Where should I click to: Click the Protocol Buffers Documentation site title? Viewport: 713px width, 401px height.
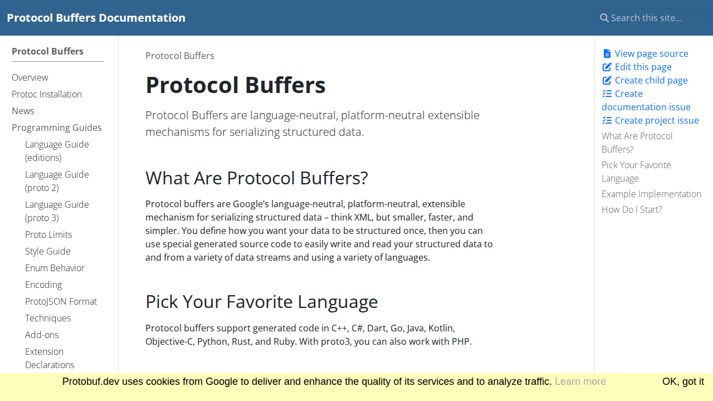click(96, 18)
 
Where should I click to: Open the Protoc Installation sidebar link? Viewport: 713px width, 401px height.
click(47, 94)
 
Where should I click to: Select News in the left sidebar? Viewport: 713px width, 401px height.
click(23, 111)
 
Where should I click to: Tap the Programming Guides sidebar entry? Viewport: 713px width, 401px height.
click(57, 128)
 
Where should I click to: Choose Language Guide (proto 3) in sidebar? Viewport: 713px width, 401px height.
click(57, 211)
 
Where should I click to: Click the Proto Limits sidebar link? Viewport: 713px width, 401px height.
click(48, 234)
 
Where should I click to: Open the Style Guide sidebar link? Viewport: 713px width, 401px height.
click(48, 251)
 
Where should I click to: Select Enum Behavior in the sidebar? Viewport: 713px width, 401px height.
click(55, 268)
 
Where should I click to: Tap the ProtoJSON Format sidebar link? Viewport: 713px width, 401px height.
click(61, 301)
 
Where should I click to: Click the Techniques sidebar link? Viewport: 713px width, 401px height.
click(48, 318)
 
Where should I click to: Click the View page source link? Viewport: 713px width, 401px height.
click(651, 53)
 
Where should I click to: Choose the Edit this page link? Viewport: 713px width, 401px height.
click(643, 67)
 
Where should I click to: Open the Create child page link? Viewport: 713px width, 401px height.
click(651, 80)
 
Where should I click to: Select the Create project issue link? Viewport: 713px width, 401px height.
click(656, 120)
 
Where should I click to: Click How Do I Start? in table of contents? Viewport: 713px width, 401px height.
click(632, 209)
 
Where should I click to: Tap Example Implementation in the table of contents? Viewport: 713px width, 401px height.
click(651, 194)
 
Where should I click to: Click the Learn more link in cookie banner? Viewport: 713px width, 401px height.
click(580, 382)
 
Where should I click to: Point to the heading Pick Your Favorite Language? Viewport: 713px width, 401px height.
click(261, 302)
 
